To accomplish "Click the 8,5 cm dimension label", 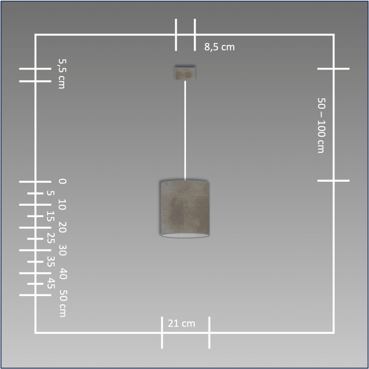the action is point(220,47).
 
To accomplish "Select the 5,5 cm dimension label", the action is point(62,74).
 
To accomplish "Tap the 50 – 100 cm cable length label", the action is point(321,125).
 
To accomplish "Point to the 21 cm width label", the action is point(181,323).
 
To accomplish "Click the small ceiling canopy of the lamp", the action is point(185,72).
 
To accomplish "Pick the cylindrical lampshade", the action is point(185,209).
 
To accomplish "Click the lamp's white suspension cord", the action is point(185,131).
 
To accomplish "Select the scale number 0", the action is point(62,181).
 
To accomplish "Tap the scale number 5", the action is point(50,193).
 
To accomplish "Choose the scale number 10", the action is point(62,204).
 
